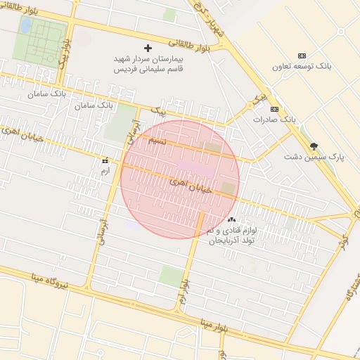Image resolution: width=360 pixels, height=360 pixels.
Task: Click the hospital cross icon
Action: tap(148, 48)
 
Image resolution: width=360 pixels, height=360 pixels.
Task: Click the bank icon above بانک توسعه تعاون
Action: tap(302, 56)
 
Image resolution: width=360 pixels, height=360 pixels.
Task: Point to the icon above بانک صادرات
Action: tap(274, 109)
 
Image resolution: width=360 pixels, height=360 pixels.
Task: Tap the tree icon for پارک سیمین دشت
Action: tap(314, 146)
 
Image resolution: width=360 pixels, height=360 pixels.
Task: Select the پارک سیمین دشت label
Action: tap(314, 157)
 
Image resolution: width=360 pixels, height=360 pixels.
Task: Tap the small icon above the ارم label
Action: tap(105, 161)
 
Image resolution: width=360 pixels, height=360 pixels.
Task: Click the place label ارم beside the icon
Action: tap(105, 171)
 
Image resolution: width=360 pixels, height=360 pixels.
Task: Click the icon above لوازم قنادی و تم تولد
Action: tap(231, 220)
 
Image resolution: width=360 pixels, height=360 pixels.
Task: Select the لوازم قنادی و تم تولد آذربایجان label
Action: tap(231, 236)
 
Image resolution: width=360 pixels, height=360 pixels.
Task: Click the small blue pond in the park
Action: tap(26, 25)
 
